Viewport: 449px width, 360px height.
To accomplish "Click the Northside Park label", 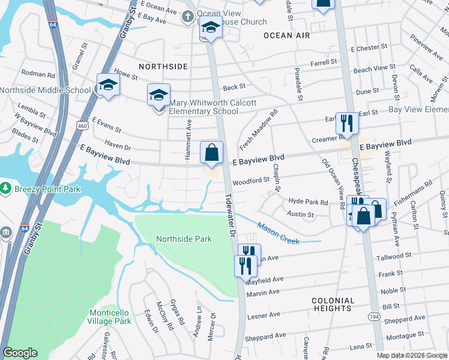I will [x=184, y=239].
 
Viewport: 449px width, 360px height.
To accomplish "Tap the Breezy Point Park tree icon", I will [x=6, y=188].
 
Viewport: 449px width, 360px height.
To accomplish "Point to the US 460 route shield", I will [x=83, y=124].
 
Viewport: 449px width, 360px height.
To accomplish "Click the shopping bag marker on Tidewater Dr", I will [x=212, y=154].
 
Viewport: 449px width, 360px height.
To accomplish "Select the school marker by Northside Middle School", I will [x=108, y=86].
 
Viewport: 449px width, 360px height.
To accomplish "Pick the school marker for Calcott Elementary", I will [x=158, y=95].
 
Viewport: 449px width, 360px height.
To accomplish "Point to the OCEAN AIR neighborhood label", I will [x=286, y=35].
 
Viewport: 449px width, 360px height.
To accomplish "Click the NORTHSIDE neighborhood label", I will [x=163, y=67].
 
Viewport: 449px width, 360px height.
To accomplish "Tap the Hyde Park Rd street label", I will [x=309, y=203].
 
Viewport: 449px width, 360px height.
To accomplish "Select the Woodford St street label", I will [x=252, y=180].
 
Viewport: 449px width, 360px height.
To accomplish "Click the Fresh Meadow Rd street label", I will [x=259, y=130].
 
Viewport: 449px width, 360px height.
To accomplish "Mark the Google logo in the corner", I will [x=20, y=353].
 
